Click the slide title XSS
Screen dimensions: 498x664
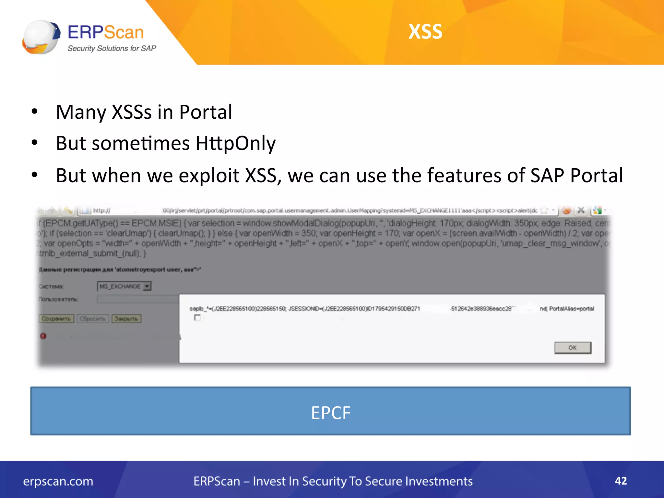(425, 32)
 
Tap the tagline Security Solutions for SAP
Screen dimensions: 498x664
(112, 49)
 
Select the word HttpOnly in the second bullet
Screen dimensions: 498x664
(235, 143)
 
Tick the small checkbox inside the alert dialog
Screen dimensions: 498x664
(197, 317)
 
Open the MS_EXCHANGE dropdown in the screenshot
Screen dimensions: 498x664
(147, 286)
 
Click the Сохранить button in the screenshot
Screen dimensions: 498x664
(56, 319)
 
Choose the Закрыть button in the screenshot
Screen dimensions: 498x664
(126, 319)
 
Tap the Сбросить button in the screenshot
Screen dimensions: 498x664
(93, 319)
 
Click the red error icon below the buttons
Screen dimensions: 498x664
(43, 336)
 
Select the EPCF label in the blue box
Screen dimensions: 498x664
(331, 413)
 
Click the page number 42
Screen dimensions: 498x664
(621, 481)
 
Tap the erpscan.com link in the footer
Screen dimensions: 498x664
(58, 481)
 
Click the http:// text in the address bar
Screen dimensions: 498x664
(101, 211)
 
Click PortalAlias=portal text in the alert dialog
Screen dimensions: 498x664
(572, 309)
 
